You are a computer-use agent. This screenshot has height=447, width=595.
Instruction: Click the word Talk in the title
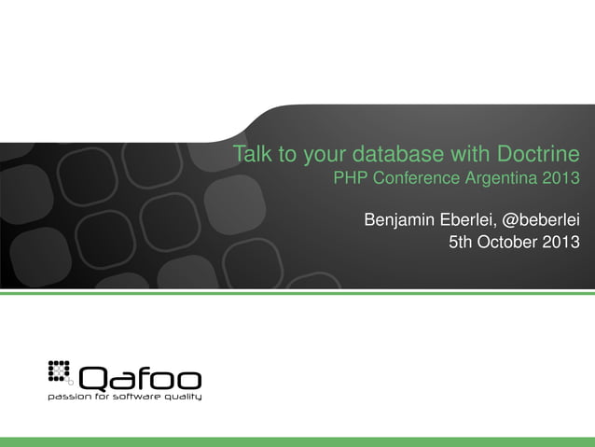pyautogui.click(x=249, y=153)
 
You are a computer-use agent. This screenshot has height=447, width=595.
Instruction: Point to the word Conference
pyautogui.click(x=416, y=176)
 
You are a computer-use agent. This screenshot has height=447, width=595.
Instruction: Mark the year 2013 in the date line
pyautogui.click(x=561, y=244)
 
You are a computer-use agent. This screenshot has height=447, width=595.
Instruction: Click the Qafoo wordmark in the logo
pyautogui.click(x=140, y=379)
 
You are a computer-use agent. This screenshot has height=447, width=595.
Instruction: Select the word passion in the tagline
pyautogui.click(x=68, y=397)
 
